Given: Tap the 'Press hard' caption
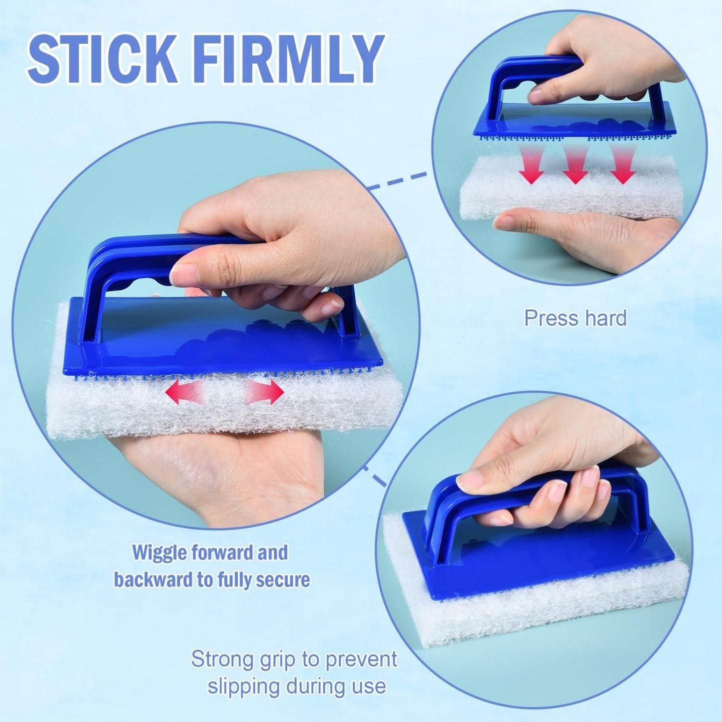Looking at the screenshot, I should (575, 318).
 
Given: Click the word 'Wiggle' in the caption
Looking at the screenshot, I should (160, 553).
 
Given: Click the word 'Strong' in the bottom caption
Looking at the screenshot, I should (222, 659).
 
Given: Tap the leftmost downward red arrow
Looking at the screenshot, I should (531, 165).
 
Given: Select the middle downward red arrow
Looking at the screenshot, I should (575, 165).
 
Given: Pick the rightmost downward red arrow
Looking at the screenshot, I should (623, 165).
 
